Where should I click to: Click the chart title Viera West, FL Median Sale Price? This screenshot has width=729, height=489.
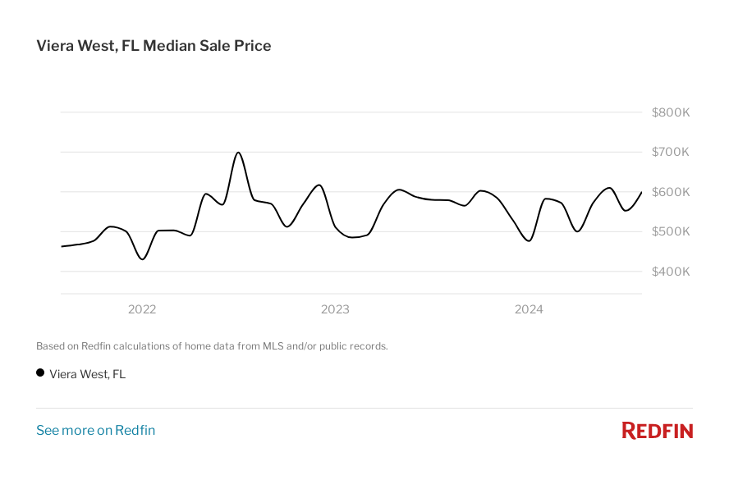coord(154,46)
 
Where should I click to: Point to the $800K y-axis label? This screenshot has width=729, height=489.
coord(670,112)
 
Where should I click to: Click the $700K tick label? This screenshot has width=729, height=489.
coord(670,152)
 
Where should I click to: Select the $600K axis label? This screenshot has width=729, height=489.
coord(670,192)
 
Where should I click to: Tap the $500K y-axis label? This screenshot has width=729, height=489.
coord(670,231)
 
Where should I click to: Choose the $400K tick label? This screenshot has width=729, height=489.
coord(670,272)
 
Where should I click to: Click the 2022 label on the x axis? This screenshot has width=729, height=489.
coord(142,309)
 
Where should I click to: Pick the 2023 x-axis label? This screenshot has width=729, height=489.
coord(335,309)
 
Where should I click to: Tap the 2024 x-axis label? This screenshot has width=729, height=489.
coord(529,309)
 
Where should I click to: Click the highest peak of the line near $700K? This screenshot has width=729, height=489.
coord(238,153)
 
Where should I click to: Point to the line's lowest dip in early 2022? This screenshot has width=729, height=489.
coord(143,259)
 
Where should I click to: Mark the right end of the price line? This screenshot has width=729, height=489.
coord(641,192)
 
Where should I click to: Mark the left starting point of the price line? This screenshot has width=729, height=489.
coord(62,246)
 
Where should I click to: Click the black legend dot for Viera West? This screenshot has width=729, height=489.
coord(40,372)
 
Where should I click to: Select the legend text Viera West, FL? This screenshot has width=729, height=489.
coord(88,374)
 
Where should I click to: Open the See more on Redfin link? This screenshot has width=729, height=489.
coord(95,431)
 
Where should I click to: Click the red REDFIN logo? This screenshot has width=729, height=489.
coord(657,431)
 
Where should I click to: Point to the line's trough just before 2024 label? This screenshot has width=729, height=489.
coord(529,240)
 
